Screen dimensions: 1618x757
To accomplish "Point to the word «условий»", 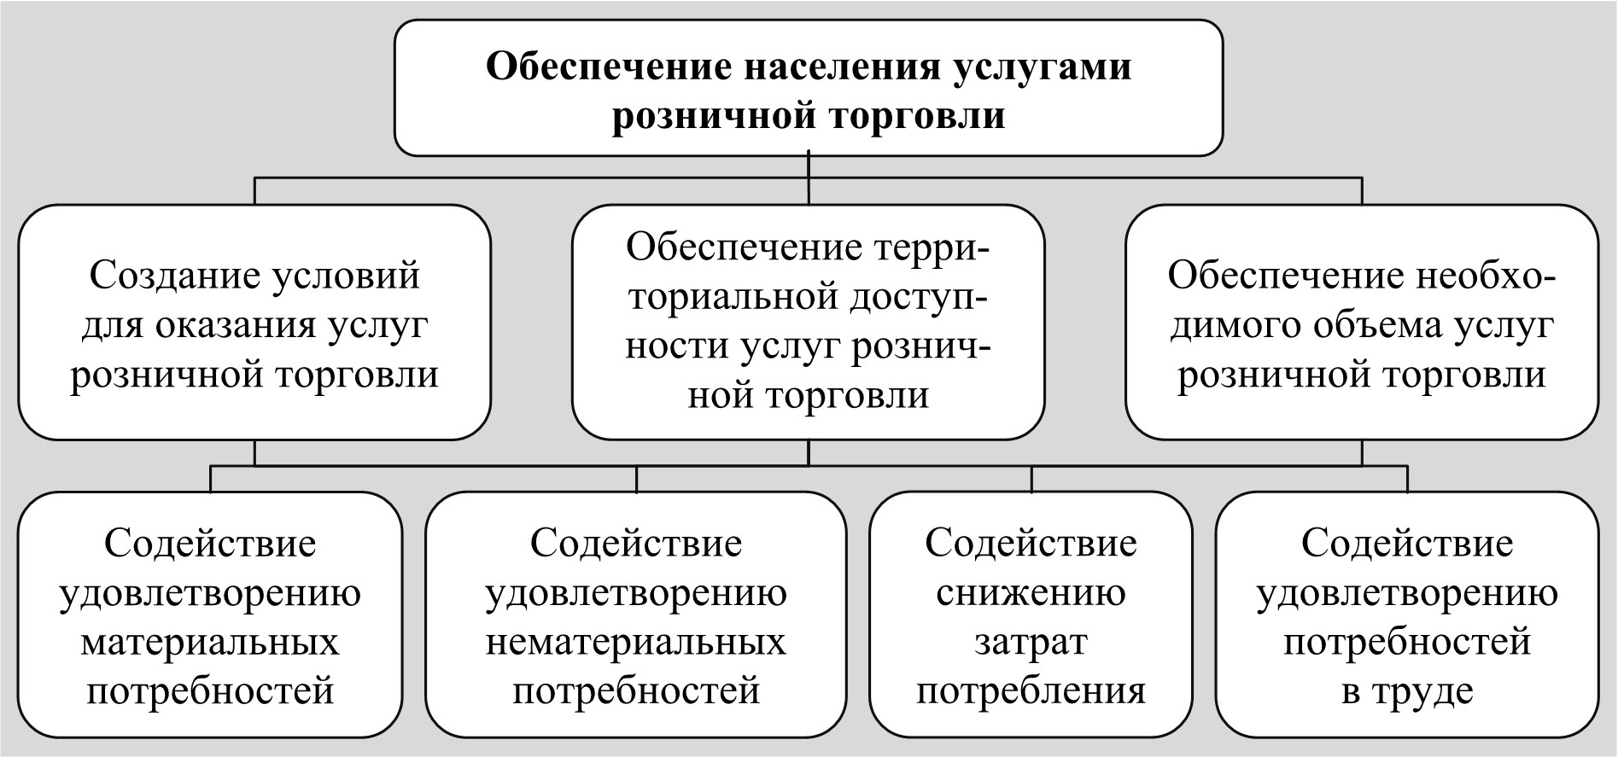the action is [346, 277].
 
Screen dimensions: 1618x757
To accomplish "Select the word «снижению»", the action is [1031, 593].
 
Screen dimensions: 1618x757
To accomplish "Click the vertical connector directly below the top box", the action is [808, 179].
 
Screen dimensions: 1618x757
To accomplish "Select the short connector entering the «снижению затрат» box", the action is [1031, 480].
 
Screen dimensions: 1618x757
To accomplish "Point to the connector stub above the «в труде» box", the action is [1407, 480].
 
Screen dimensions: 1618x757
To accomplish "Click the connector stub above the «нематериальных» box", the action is [636, 480].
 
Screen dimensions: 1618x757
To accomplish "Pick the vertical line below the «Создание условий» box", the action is [254, 453].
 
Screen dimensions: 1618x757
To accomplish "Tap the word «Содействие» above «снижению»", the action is [1031, 544].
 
